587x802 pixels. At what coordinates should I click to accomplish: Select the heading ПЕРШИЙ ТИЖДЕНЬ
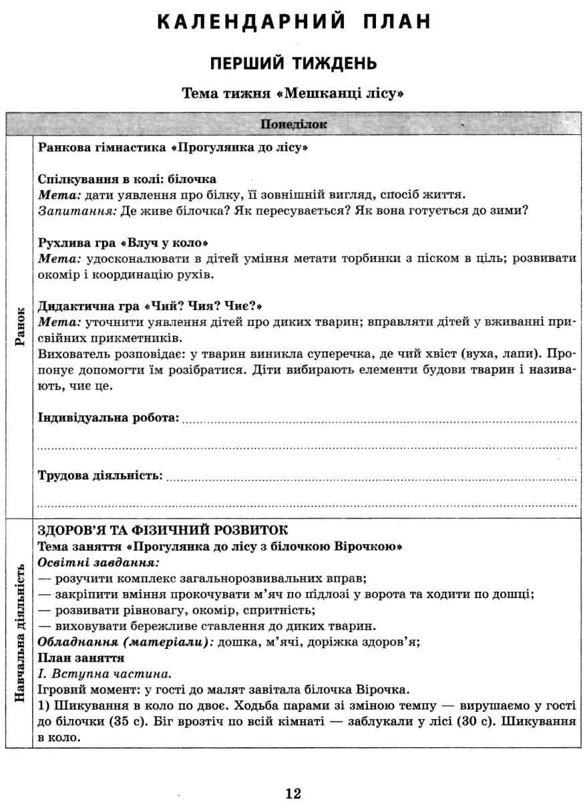point(293,63)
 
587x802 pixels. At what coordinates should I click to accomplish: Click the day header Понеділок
point(293,124)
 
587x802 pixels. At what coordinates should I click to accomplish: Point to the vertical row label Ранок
point(20,326)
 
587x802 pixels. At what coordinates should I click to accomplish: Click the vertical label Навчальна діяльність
point(20,632)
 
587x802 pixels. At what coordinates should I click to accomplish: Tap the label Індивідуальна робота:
point(109,418)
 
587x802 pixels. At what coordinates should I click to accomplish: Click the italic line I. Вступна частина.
point(96,674)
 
